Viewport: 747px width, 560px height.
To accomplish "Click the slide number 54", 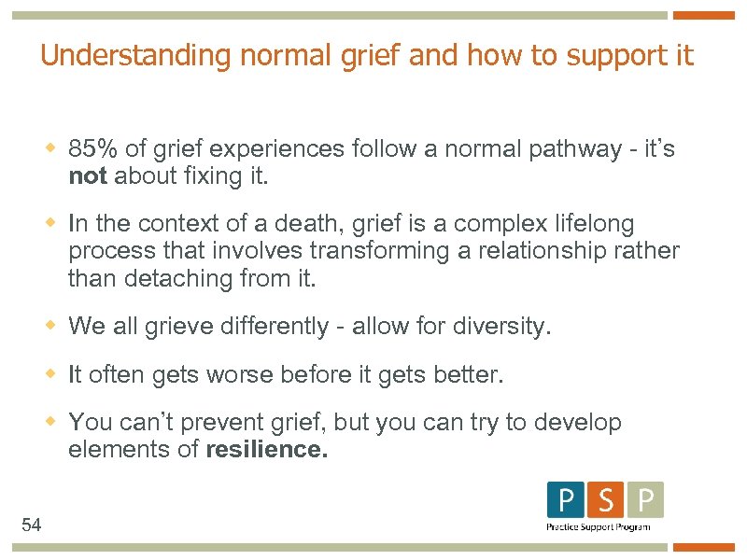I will tap(32, 525).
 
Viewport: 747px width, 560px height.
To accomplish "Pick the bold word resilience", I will tap(266, 450).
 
